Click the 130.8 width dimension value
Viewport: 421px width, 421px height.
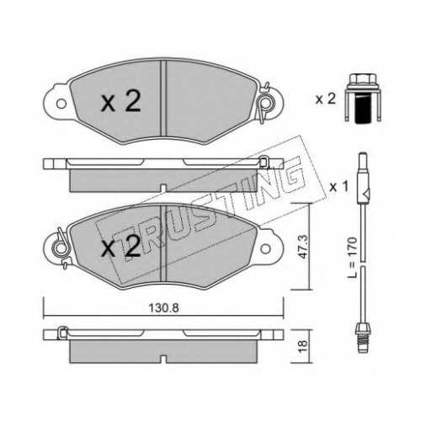[x=163, y=308]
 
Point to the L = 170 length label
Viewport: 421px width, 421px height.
[x=352, y=258]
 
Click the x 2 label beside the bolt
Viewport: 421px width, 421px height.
[x=326, y=99]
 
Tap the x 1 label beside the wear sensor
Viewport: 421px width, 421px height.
[x=338, y=186]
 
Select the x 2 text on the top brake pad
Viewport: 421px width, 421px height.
[x=120, y=102]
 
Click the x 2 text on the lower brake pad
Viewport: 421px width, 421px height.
[x=120, y=246]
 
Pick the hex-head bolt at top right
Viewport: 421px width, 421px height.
[x=363, y=98]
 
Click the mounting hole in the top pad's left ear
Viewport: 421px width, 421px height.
[x=61, y=104]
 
